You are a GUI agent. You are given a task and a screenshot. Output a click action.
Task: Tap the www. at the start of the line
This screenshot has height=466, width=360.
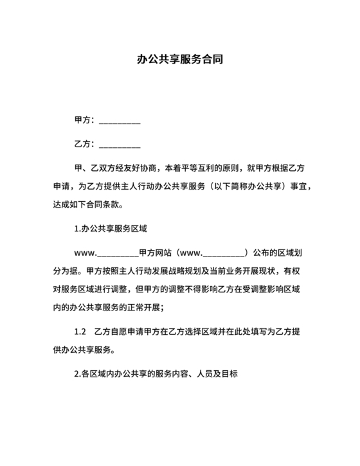86,253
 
